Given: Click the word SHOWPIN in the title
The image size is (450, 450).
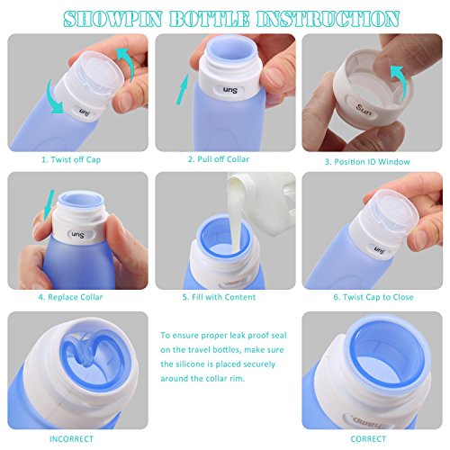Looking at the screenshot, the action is tap(112, 19).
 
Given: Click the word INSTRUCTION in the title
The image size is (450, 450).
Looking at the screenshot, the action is tap(328, 19).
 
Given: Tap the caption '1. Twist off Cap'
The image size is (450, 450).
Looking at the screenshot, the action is tap(71, 159).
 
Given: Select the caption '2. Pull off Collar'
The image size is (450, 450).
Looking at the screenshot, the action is tap(219, 159).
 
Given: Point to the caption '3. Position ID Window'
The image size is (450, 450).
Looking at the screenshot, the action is tap(367, 162).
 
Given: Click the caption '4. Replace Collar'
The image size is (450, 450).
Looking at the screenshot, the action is tap(70, 297).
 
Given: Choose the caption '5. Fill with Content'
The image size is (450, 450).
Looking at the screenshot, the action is tap(219, 297).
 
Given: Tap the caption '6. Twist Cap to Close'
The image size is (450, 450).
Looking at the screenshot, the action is tap(373, 297).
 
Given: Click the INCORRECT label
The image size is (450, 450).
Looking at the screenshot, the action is tap(71, 439).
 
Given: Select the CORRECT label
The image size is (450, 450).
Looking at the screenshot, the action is tap(368, 439).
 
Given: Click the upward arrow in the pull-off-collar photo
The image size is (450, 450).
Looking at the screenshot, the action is tap(183, 89).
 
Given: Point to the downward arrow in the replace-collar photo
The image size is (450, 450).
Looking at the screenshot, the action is tap(48, 205).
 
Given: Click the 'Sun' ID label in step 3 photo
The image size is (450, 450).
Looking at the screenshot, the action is tap(364, 110).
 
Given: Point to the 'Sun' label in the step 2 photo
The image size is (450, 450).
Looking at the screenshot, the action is tap(229, 90).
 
